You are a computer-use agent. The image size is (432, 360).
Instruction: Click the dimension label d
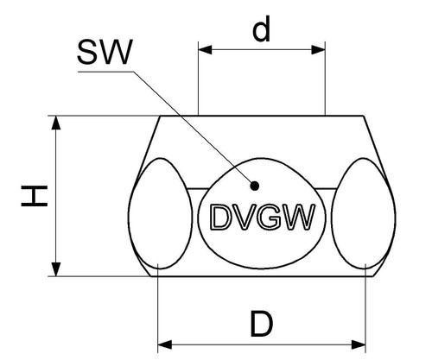click(x=262, y=28)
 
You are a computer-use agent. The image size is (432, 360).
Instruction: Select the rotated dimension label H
click(x=35, y=196)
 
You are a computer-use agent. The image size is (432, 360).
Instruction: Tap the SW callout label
click(x=105, y=52)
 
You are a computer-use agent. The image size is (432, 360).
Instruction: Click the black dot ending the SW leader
click(x=254, y=186)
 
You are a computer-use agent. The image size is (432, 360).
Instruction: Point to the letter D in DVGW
click(x=219, y=217)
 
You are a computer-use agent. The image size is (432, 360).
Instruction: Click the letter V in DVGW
click(x=241, y=217)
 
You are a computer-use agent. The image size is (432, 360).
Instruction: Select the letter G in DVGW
click(x=267, y=217)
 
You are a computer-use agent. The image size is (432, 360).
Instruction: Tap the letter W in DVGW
click(x=297, y=217)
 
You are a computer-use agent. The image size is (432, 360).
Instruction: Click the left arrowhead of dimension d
click(x=205, y=50)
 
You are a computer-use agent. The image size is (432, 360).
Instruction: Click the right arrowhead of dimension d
click(x=318, y=50)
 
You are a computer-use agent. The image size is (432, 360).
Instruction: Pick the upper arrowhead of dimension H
click(x=56, y=123)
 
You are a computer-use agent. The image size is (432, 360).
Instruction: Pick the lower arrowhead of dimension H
click(x=56, y=269)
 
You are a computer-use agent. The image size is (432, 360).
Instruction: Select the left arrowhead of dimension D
click(x=165, y=344)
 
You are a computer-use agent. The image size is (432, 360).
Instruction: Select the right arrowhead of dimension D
click(x=359, y=344)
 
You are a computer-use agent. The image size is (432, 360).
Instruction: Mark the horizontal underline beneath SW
click(x=106, y=72)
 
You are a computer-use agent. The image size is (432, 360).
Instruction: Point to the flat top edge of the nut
click(x=262, y=116)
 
